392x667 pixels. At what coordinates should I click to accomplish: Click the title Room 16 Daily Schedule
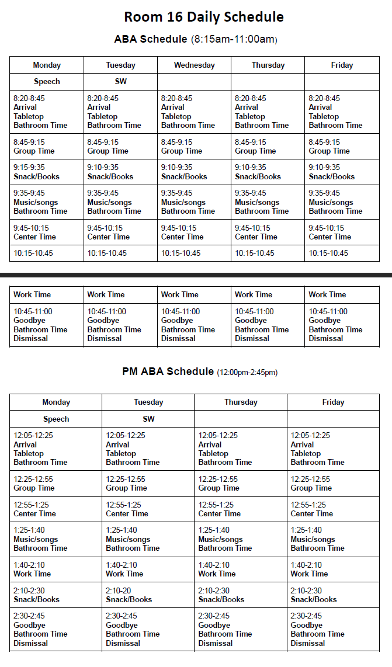point(204,17)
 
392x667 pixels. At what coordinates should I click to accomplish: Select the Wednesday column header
point(194,65)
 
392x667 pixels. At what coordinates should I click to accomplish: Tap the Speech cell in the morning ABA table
point(47,81)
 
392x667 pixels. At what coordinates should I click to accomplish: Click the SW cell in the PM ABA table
point(148,419)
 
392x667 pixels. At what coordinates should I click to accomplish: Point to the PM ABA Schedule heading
point(168,371)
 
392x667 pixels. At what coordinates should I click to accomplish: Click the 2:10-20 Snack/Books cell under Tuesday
point(148,595)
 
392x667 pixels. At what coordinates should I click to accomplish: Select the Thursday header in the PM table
point(241,402)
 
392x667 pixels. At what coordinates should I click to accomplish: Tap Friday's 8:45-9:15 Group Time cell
point(342,146)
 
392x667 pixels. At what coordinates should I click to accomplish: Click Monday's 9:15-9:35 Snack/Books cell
point(47,172)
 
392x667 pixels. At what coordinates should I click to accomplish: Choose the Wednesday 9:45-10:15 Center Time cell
point(194,232)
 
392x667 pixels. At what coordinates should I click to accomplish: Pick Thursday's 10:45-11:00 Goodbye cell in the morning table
point(268,325)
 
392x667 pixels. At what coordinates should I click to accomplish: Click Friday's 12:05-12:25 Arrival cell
point(333,449)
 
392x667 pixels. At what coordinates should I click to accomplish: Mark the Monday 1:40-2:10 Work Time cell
point(55,569)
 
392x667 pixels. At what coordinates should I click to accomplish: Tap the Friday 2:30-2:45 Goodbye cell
point(333,629)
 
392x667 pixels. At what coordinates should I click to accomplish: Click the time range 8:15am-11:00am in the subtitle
point(234,40)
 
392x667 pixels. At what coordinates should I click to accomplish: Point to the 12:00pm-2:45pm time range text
point(247,372)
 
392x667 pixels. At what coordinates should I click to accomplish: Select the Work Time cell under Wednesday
point(194,294)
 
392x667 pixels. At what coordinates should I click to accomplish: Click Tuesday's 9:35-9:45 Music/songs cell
point(120,202)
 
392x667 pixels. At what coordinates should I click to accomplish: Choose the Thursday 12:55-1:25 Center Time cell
point(241,509)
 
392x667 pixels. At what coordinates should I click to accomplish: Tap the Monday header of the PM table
point(56,402)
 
